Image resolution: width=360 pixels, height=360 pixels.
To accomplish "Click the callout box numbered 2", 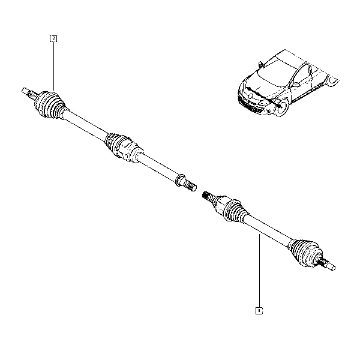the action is click(53, 38).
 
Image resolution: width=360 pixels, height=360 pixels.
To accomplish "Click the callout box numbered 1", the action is click(259, 311).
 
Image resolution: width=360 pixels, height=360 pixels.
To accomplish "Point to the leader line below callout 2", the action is click(53, 66).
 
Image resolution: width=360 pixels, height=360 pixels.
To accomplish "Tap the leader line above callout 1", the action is click(259, 271).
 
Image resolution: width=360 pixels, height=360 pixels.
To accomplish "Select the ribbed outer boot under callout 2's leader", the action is click(49, 105).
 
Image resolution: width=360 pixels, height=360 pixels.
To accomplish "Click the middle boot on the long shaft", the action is click(123, 148).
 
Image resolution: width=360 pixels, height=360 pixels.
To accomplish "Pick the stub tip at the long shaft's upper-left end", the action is click(25, 91).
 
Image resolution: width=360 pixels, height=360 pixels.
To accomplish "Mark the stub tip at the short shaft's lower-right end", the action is click(332, 267).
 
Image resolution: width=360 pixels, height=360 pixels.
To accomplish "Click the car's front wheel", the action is click(282, 107).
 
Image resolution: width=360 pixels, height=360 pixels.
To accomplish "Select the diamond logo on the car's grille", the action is click(250, 95).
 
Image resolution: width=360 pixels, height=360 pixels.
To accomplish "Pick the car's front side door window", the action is click(301, 74).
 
